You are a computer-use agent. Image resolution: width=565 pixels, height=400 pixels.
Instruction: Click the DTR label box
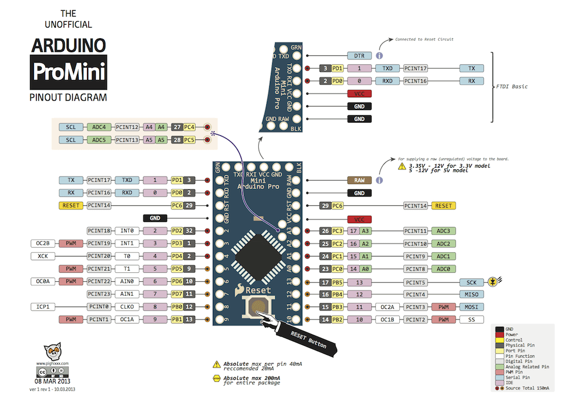click(x=359, y=56)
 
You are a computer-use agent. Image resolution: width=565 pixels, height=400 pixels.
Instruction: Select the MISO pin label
click(x=471, y=294)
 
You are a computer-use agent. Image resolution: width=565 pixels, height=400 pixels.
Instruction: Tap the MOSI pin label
click(x=471, y=307)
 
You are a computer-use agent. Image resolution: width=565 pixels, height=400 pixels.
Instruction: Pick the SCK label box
click(x=471, y=282)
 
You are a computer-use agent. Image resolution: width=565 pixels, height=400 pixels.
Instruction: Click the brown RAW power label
click(x=359, y=181)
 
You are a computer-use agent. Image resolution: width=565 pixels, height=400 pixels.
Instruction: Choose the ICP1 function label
click(x=43, y=307)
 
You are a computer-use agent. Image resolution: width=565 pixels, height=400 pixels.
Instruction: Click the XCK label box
click(x=43, y=256)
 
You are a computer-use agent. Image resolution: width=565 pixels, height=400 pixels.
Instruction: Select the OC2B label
click(x=43, y=244)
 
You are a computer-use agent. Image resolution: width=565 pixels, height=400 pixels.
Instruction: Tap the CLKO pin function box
click(x=127, y=307)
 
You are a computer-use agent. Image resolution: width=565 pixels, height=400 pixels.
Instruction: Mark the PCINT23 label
click(x=98, y=294)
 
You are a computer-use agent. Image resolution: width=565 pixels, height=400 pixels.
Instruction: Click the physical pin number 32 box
click(x=189, y=231)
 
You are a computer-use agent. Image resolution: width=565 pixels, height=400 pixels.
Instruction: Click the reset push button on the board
click(x=257, y=306)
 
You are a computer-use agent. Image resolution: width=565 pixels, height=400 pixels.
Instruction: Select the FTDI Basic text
click(x=511, y=86)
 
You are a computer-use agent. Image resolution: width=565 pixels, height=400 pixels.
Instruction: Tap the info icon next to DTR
click(x=379, y=56)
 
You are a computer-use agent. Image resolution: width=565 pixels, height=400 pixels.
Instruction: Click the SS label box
click(x=471, y=319)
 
